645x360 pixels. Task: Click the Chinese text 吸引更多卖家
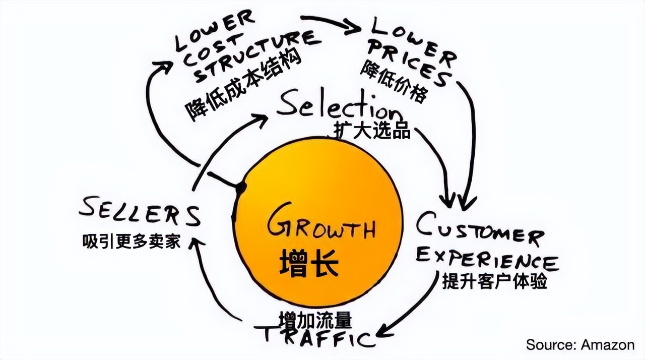pos(131,242)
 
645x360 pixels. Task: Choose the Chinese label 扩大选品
pos(372,131)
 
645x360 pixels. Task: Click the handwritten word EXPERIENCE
pos(487,258)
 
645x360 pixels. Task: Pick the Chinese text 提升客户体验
pos(494,280)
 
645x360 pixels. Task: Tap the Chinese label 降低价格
pos(394,83)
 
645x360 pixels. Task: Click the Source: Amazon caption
pos(580,345)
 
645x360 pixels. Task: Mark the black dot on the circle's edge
pos(241,188)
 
